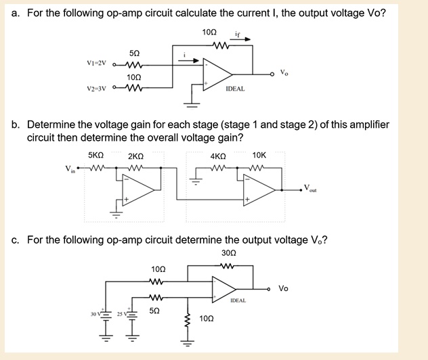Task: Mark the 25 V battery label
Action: [x=121, y=315]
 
